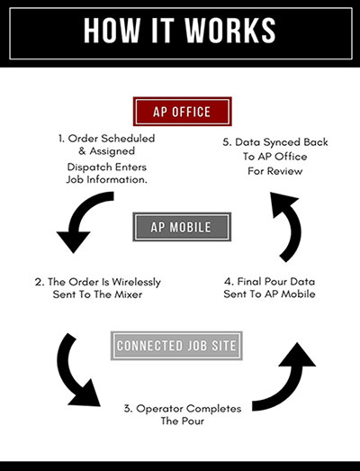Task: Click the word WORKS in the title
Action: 230,31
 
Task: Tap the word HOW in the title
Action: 112,31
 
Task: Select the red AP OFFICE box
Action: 183,112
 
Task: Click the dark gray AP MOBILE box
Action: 182,227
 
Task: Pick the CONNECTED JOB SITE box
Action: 176,346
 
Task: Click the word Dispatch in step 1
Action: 88,167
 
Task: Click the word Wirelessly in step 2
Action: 136,282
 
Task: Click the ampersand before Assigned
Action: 82,150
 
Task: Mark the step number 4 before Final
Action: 228,282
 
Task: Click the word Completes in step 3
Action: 214,409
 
